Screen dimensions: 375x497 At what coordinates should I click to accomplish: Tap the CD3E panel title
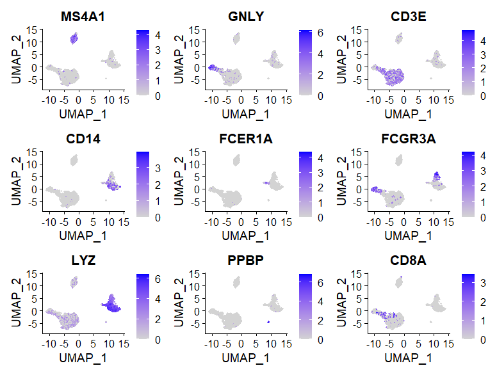click(400, 15)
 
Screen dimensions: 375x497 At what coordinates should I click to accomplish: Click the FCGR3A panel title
click(400, 138)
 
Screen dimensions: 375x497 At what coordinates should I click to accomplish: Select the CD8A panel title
click(400, 261)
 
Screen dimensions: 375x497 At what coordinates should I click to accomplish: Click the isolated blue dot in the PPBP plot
click(268, 321)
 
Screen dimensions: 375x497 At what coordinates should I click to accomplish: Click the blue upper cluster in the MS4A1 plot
click(74, 38)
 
